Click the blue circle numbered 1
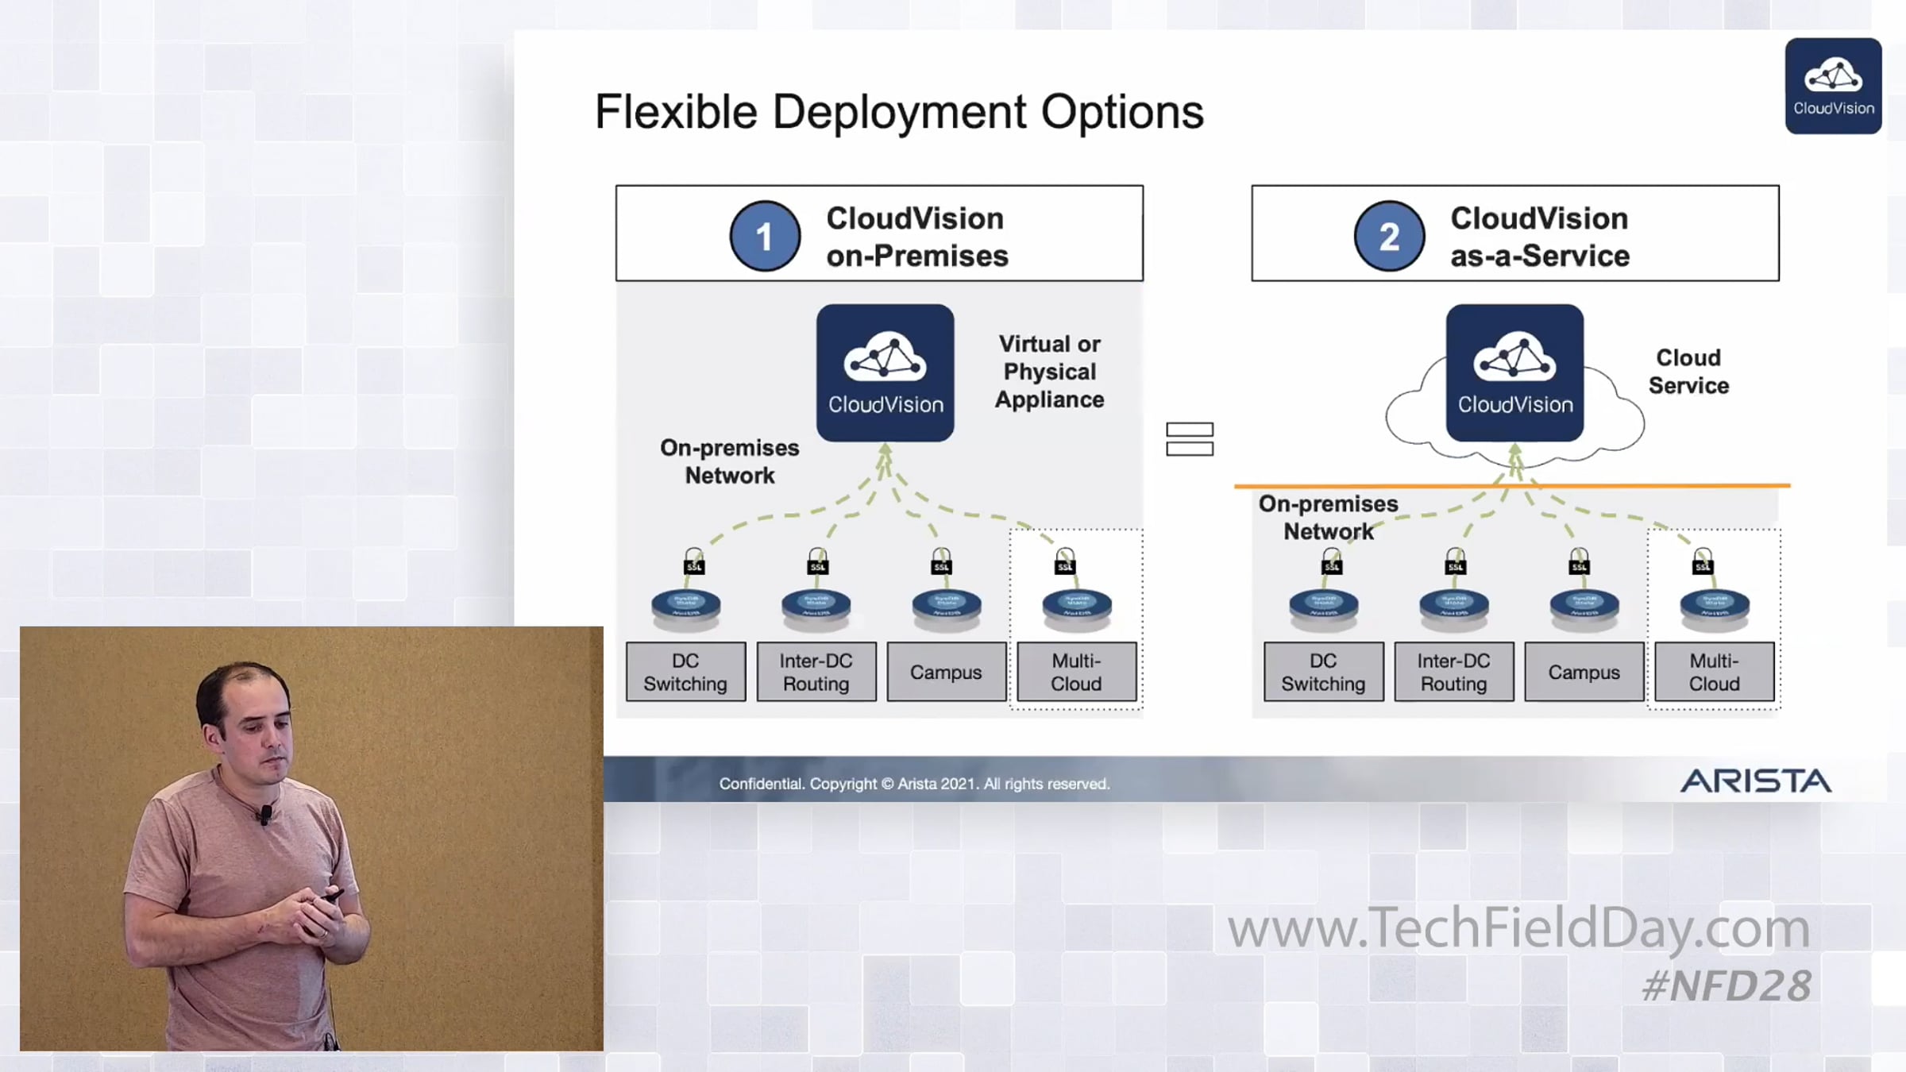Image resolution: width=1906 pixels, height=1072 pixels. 764,236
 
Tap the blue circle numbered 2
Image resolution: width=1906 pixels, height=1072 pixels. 1388,236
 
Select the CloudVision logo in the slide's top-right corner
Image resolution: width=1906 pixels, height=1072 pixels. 1833,86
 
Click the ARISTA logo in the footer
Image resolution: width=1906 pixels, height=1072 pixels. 1755,781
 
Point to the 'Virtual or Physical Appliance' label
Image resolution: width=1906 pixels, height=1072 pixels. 1049,372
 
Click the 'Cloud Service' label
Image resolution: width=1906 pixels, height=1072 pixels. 1688,372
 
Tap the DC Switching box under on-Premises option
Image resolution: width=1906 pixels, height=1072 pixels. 685,672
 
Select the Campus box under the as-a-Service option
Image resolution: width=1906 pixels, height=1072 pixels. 1584,672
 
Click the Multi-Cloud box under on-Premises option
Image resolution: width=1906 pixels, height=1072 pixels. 1076,672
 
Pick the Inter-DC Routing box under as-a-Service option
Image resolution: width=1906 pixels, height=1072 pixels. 1453,672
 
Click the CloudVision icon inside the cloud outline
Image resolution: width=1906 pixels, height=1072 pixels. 1514,372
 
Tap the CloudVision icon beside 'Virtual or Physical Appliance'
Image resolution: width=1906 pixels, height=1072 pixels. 885,372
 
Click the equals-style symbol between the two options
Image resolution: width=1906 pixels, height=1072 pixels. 1189,439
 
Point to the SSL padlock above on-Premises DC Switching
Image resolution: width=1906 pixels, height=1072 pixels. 694,561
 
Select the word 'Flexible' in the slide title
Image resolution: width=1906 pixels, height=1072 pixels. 676,112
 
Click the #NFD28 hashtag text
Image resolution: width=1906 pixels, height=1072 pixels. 1727,985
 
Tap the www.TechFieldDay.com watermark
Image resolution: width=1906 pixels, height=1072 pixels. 1518,927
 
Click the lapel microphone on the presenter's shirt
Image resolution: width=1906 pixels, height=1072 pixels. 265,813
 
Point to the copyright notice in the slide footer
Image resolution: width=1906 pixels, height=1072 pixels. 914,784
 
